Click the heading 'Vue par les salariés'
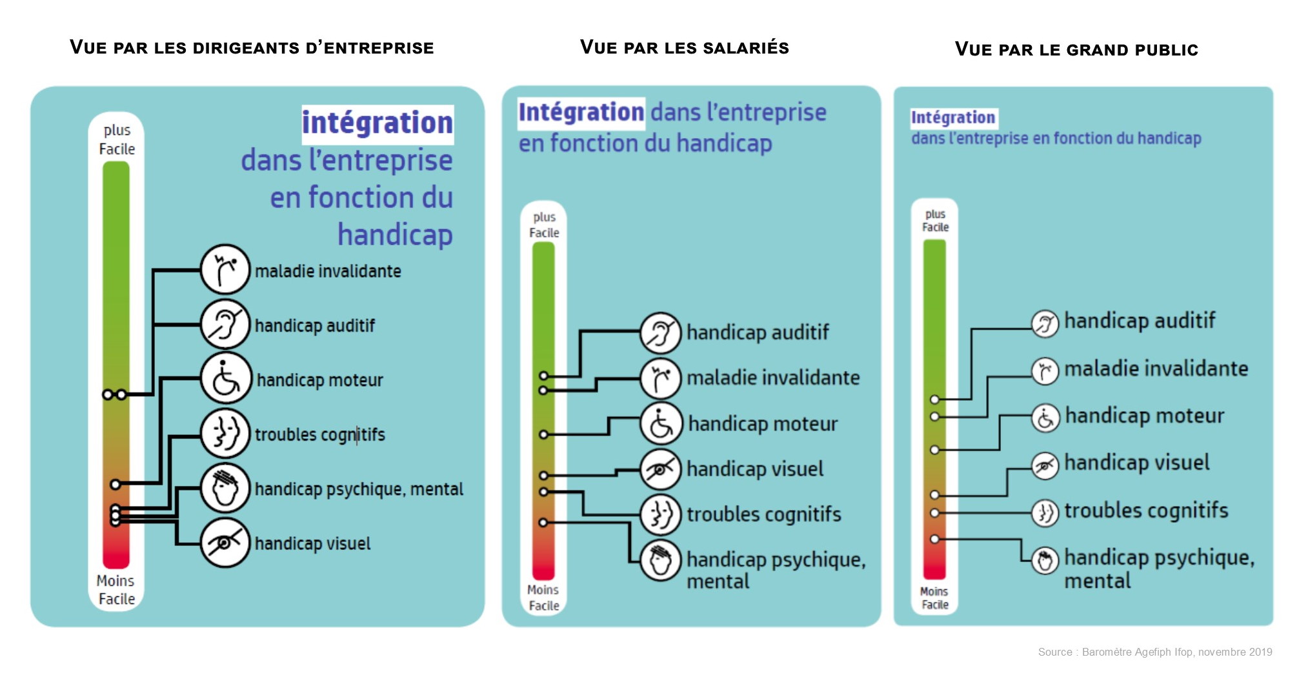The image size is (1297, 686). click(x=684, y=47)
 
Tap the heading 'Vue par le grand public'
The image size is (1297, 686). click(x=1076, y=50)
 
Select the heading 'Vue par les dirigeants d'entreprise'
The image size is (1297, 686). click(x=252, y=47)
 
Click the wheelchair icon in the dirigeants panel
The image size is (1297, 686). click(x=225, y=379)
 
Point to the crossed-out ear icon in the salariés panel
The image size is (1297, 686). click(x=660, y=333)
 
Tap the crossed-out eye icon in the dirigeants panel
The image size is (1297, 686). click(x=225, y=543)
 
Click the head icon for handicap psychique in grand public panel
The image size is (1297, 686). click(x=1045, y=560)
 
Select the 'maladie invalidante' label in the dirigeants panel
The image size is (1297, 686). click(x=328, y=271)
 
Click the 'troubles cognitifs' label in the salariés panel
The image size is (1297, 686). click(x=763, y=514)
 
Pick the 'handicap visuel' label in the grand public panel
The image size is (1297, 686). click(x=1136, y=463)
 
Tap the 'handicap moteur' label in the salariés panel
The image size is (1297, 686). click(x=763, y=424)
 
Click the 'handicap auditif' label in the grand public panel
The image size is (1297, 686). click(x=1140, y=321)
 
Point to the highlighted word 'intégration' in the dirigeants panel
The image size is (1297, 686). click(x=377, y=123)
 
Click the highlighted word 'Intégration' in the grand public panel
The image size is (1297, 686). click(x=953, y=117)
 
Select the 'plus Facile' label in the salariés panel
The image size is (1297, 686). click(x=544, y=225)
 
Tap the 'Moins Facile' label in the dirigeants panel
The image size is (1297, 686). click(x=116, y=590)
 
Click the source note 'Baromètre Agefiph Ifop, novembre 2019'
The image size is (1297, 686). click(x=1154, y=652)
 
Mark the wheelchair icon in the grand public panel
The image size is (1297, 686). click(x=1045, y=418)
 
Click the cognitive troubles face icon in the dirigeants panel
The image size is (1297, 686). click(x=225, y=433)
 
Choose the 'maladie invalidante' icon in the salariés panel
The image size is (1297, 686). click(x=660, y=378)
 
